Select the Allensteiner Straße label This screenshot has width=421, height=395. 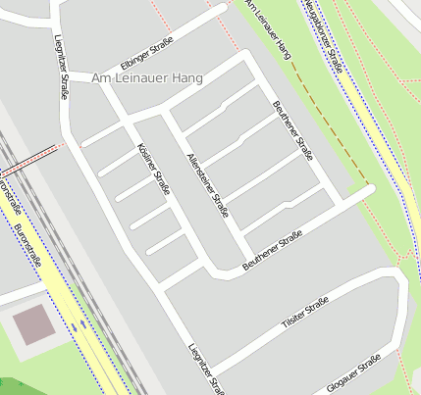tap(208, 184)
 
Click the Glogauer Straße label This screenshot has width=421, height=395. tap(356, 373)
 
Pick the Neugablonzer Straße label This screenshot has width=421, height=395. tap(323, 36)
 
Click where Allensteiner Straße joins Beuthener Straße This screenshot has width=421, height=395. tap(238, 266)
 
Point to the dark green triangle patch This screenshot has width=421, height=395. tap(6, 387)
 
